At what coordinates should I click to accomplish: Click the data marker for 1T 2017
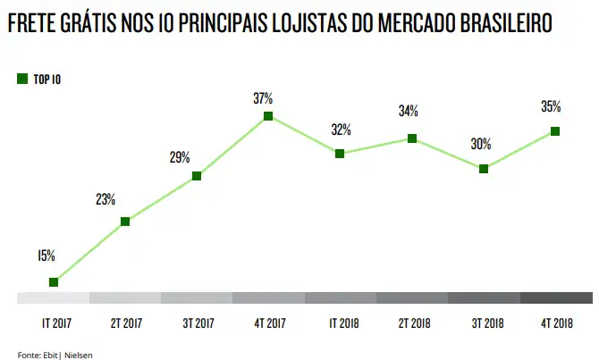click(x=54, y=281)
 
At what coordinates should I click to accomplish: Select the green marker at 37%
click(x=268, y=116)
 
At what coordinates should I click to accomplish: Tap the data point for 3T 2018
click(x=484, y=168)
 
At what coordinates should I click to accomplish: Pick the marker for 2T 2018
click(x=412, y=138)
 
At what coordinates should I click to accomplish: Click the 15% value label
click(x=46, y=255)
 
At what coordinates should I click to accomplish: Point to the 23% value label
click(x=105, y=199)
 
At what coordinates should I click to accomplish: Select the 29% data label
click(x=179, y=158)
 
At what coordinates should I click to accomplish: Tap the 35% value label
click(x=551, y=107)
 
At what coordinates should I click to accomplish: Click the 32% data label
click(x=341, y=130)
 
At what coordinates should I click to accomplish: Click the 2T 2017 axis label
click(x=125, y=322)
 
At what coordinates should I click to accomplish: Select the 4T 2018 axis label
click(x=556, y=322)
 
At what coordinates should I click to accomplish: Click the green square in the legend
click(x=22, y=79)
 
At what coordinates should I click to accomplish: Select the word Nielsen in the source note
click(x=78, y=355)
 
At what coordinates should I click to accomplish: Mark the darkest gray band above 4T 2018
click(x=556, y=298)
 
